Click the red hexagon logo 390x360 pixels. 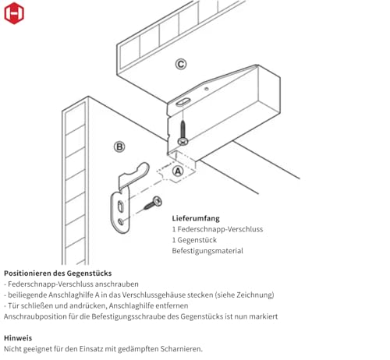tap(13, 13)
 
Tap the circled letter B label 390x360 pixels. tap(119, 146)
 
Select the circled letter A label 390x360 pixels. tap(178, 171)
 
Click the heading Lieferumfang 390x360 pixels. tap(195, 219)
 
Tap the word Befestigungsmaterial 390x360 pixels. tap(207, 251)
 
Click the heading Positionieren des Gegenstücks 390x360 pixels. tap(58, 274)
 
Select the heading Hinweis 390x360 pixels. tap(18, 338)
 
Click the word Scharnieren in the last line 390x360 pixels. tap(179, 349)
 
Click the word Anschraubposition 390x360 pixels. tap(34, 316)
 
